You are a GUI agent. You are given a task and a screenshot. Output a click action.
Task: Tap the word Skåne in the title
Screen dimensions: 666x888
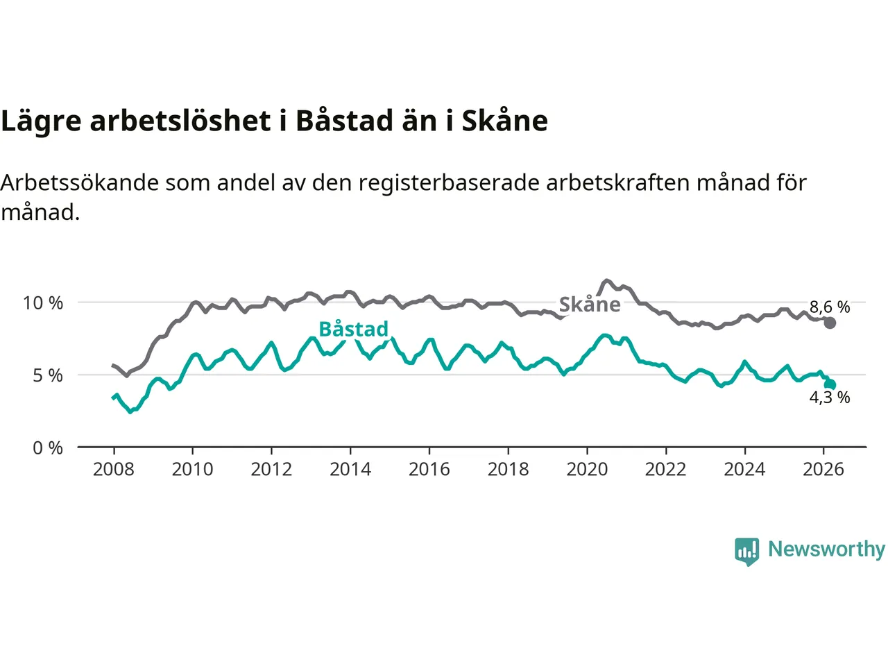[504, 121]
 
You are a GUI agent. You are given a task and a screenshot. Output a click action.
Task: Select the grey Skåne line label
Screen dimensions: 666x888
[590, 305]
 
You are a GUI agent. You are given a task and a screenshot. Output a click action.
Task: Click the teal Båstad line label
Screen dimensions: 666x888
[353, 329]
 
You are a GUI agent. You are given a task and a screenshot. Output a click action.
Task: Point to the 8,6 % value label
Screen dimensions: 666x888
[830, 307]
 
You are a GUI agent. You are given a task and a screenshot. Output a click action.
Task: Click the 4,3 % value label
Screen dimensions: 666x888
[830, 398]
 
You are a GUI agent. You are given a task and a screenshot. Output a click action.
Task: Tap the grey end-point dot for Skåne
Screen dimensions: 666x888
[830, 323]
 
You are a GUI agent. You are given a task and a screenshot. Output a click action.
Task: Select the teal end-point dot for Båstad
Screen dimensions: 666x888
[830, 384]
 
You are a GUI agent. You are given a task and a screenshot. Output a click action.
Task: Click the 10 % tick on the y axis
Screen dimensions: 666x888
[43, 303]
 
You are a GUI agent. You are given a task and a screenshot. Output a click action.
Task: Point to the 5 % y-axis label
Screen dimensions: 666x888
[48, 375]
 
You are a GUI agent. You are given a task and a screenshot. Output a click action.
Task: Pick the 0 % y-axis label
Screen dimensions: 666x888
[48, 448]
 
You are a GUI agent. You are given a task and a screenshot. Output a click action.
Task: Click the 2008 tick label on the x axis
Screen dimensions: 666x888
[114, 470]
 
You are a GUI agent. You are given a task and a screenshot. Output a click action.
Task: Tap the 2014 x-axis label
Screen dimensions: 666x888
[350, 470]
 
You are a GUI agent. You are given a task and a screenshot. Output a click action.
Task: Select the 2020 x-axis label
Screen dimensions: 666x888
[587, 470]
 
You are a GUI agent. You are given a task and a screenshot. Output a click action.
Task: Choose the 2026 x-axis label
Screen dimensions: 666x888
[823, 470]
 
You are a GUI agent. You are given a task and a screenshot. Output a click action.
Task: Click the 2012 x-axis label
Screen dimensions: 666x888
[271, 470]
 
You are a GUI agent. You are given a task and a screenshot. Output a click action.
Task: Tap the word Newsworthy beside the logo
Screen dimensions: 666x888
[826, 549]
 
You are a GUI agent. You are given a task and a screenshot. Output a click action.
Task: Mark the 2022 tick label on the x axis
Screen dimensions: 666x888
[666, 470]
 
